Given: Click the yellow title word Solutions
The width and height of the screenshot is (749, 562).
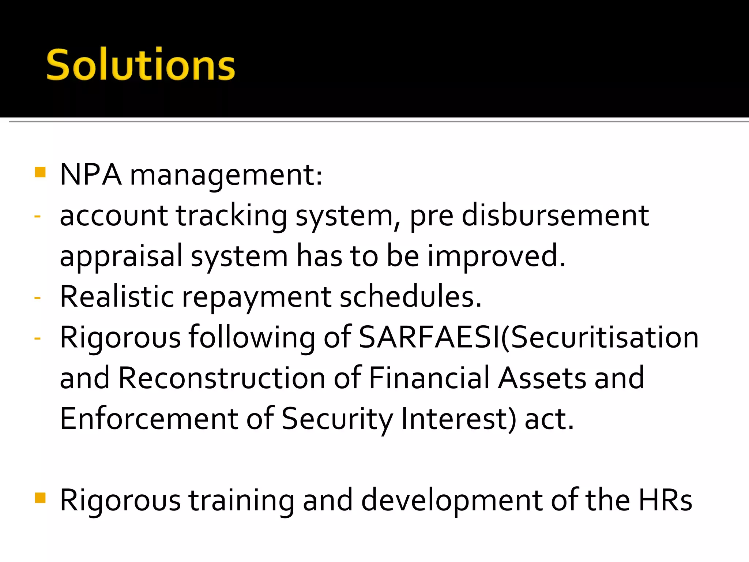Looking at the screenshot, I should (140, 65).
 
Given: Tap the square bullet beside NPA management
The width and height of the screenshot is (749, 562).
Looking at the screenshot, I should (40, 172).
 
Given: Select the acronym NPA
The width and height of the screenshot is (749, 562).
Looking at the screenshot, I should (90, 175).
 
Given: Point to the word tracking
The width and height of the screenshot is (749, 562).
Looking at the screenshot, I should (232, 216).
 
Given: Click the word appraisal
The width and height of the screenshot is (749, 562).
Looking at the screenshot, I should (121, 256).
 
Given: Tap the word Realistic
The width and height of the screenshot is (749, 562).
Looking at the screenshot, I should (117, 296).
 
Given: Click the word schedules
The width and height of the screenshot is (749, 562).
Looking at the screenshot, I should (410, 296).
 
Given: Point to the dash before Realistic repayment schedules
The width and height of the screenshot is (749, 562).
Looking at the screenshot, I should (37, 297).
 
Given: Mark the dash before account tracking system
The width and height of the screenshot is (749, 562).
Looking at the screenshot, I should (37, 216).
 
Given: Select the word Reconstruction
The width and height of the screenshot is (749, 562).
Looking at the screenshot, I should (222, 378).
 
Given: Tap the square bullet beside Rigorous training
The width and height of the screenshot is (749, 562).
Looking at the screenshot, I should (40, 498).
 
